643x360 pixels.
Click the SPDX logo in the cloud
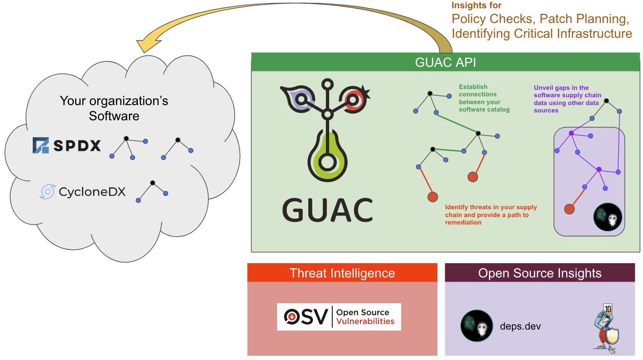click(x=67, y=146)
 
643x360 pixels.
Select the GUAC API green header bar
click(x=445, y=62)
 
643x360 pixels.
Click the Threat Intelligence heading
click(x=342, y=273)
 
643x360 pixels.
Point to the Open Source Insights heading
click(x=540, y=273)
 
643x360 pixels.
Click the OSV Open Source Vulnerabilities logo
click(x=339, y=317)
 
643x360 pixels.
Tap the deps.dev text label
click(x=520, y=326)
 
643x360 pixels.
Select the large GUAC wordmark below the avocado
click(x=327, y=210)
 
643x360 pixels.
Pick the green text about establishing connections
click(x=484, y=98)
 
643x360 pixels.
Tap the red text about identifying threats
click(x=491, y=215)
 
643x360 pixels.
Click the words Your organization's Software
click(x=114, y=108)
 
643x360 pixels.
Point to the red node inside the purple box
click(x=569, y=209)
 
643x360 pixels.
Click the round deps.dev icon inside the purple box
click(x=608, y=217)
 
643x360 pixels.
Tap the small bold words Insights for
click(x=476, y=6)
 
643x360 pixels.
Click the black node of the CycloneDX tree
click(x=152, y=183)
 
